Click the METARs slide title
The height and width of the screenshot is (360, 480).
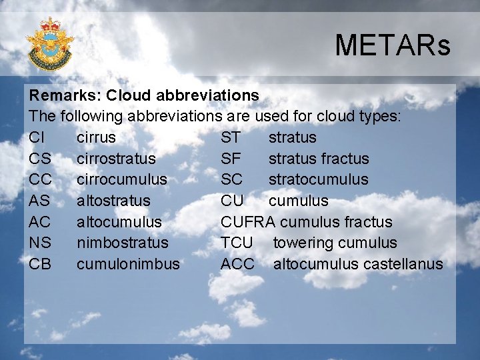393,46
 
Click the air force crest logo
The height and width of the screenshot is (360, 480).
49,44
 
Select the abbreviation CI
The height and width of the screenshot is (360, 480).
37,137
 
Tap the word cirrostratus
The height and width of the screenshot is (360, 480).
116,159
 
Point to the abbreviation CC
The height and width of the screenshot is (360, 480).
40,179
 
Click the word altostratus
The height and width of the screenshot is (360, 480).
113,201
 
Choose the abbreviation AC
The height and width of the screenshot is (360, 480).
40,221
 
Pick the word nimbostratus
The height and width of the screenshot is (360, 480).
123,243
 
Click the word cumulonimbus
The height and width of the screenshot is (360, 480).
128,264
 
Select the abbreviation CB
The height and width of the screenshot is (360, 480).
40,264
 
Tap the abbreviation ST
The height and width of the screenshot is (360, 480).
231,137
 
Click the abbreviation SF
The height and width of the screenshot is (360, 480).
231,159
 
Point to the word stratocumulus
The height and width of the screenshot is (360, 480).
318,179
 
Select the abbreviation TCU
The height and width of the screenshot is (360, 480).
237,243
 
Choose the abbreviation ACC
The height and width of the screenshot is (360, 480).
237,264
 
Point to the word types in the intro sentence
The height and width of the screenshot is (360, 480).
378,117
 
